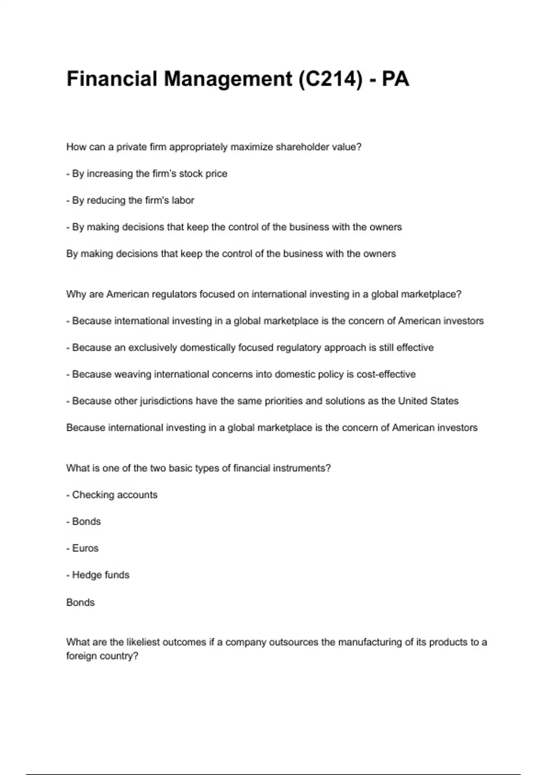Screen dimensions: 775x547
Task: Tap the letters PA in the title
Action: [395, 79]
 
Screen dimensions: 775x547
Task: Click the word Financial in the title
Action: [112, 79]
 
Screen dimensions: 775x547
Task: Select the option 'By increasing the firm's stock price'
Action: [147, 174]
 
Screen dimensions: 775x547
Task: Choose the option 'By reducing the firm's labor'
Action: [130, 201]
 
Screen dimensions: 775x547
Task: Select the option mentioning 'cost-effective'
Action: [241, 374]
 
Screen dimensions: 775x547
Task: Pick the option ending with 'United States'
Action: [262, 401]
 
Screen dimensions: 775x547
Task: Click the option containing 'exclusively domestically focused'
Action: [250, 348]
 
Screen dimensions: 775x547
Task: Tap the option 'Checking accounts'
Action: [112, 495]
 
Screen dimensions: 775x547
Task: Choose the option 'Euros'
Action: [83, 548]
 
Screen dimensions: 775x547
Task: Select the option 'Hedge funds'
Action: [98, 575]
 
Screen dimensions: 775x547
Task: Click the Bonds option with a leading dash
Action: [83, 522]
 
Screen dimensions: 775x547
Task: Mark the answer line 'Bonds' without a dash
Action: [80, 603]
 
